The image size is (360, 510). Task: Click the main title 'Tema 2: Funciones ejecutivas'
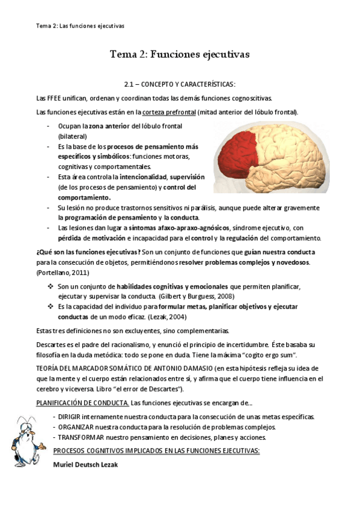(180, 55)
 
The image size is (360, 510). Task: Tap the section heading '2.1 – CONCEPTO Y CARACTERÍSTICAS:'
(180, 84)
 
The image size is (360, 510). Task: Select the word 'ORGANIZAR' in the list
(76, 427)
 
